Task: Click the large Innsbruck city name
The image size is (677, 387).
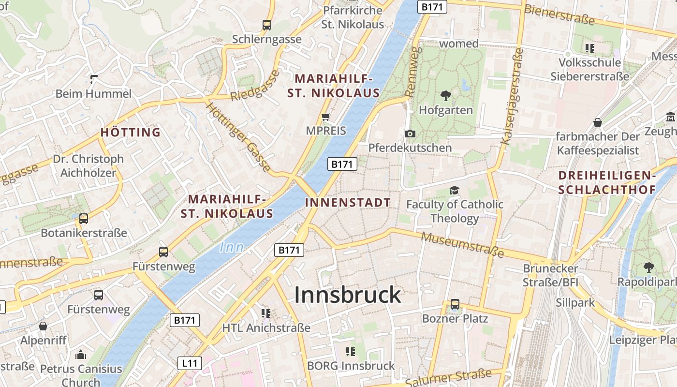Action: point(348,295)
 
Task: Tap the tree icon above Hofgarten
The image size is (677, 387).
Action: point(445,96)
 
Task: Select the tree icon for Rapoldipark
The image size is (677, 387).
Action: point(648,267)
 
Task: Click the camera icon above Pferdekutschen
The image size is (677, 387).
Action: point(410,134)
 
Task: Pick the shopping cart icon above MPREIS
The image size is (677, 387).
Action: point(326,117)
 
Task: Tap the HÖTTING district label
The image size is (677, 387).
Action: point(131,132)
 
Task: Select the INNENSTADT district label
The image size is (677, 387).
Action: point(348,202)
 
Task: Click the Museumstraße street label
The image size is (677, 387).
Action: point(463,244)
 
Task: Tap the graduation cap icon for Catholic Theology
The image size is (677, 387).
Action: point(454,190)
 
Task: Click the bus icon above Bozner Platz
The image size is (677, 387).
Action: point(455,304)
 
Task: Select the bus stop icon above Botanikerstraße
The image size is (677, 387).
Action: point(84,218)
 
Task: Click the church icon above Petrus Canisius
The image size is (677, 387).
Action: point(81,355)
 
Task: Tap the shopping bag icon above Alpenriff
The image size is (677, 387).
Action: point(43,326)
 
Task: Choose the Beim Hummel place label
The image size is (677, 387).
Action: point(93,93)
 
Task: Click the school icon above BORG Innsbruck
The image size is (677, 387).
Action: point(351,351)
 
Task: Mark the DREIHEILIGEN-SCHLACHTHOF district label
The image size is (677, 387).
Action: point(607,182)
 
